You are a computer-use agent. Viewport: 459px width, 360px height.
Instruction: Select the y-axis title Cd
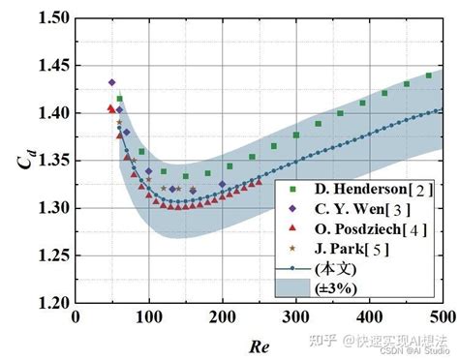pyautogui.click(x=22, y=161)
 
